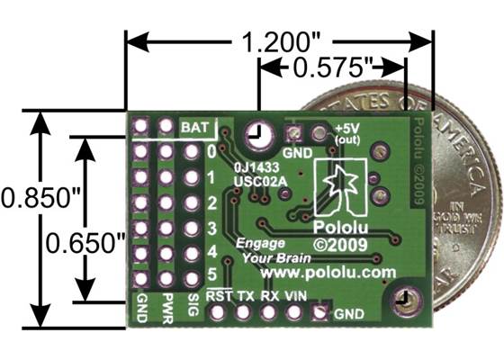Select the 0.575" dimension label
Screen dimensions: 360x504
331,67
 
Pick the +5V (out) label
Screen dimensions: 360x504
347,133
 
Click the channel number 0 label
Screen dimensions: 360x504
211,152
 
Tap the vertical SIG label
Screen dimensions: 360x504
192,304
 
